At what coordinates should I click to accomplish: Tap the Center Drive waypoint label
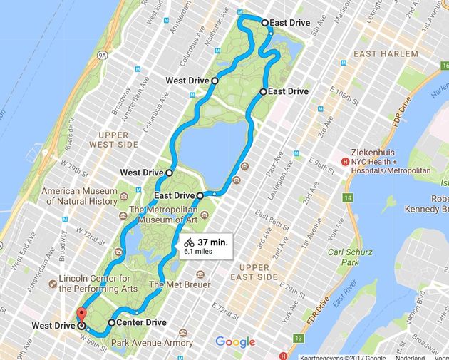(x=141, y=323)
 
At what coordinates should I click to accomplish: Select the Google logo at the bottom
(x=235, y=342)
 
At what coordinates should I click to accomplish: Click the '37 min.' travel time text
(x=212, y=242)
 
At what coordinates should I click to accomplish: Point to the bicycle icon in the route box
(x=189, y=242)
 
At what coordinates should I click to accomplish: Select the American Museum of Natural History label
(x=79, y=196)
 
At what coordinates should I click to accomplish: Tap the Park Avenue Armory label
(x=152, y=343)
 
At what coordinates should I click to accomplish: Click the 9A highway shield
(x=103, y=53)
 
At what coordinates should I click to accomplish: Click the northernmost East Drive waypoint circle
(x=265, y=23)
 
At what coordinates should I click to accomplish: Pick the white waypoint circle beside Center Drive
(x=111, y=323)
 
